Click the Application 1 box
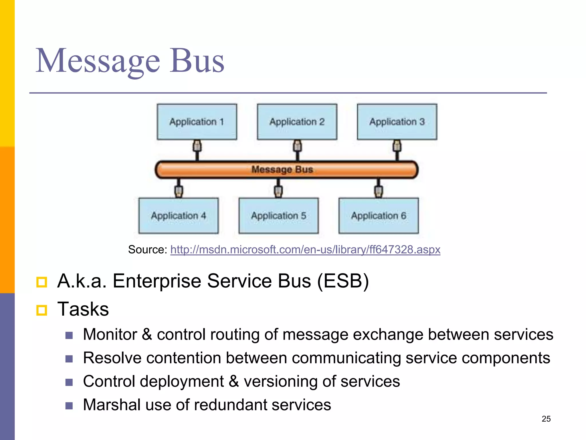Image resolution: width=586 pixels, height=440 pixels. pyautogui.click(x=197, y=122)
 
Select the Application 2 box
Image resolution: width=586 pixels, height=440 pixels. pyautogui.click(x=297, y=122)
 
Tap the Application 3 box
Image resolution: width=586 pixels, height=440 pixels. pyautogui.click(x=397, y=122)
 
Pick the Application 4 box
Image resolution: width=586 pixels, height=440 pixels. pyautogui.click(x=179, y=216)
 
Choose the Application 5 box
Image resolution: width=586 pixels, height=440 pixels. pyautogui.click(x=278, y=216)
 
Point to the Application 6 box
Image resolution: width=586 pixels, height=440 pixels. pyautogui.click(x=379, y=216)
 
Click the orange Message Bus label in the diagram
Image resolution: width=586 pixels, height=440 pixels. pyautogui.click(x=282, y=169)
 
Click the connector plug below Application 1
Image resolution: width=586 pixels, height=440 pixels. pyautogui.click(x=197, y=146)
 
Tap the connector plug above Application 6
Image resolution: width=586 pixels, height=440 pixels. pyautogui.click(x=378, y=191)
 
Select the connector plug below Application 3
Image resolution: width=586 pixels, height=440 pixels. pyautogui.click(x=397, y=146)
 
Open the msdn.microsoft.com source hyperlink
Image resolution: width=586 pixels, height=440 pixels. pyautogui.click(x=305, y=250)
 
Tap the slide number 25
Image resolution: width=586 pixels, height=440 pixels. pyautogui.click(x=546, y=419)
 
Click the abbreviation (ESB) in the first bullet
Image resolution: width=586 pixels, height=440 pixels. pyautogui.click(x=343, y=281)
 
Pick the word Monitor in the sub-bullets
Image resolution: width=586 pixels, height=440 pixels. pyautogui.click(x=110, y=334)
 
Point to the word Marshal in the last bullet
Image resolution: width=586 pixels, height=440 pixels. pyautogui.click(x=112, y=405)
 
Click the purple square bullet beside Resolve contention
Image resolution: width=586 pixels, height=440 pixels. pyautogui.click(x=69, y=359)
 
